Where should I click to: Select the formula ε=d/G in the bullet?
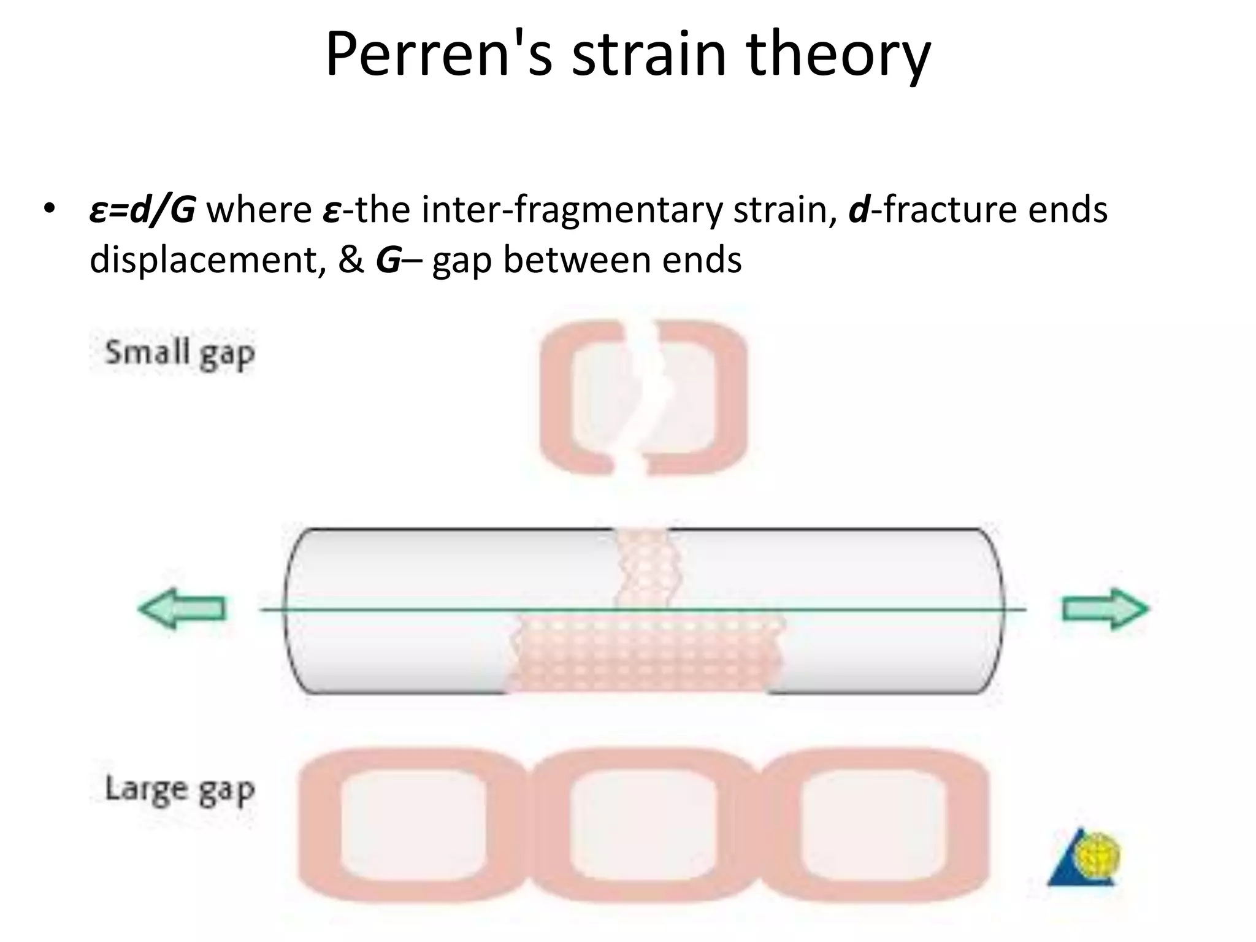pos(142,210)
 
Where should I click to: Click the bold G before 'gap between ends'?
pos(388,260)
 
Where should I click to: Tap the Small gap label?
pos(180,354)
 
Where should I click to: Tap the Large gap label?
pos(180,789)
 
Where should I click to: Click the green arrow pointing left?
pos(182,608)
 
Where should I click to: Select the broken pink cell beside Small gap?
pos(643,397)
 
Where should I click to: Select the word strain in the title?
pos(649,55)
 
